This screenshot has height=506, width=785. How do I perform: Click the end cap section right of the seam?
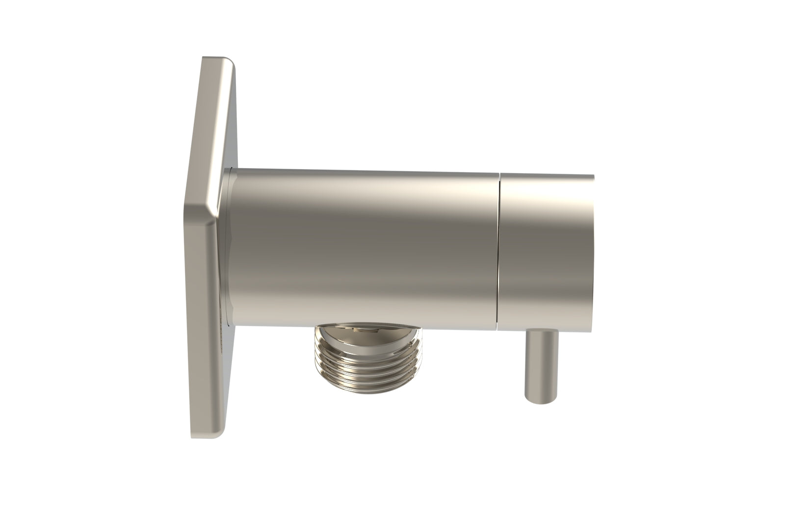545,250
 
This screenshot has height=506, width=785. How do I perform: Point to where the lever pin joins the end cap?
540,331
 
